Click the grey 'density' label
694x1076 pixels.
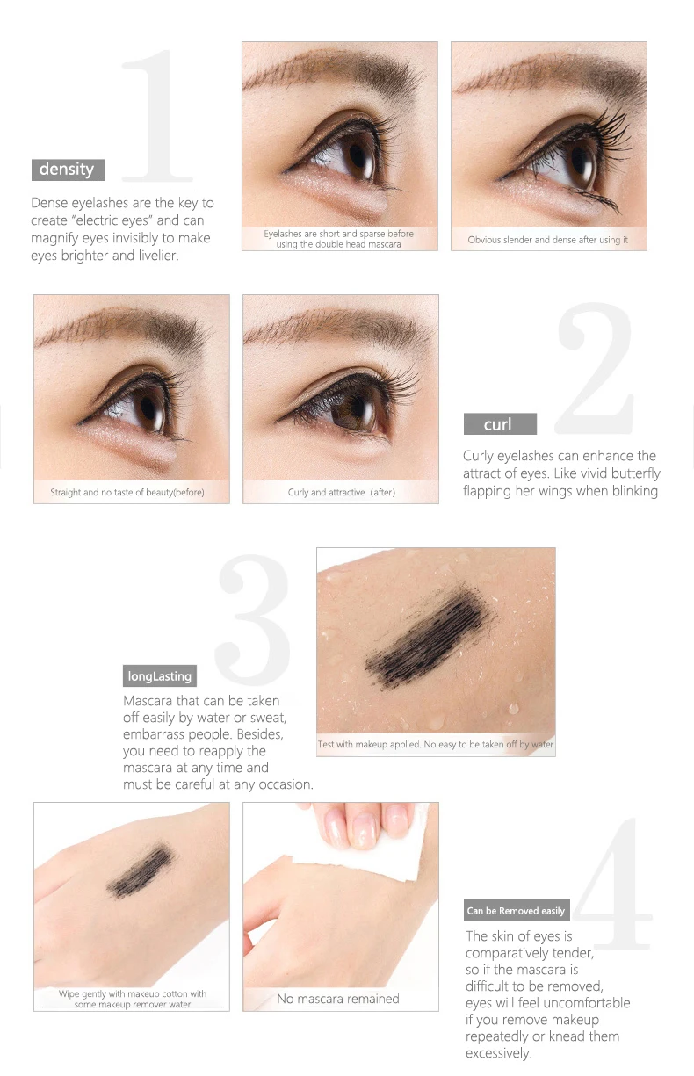click(x=68, y=170)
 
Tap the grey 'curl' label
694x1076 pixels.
click(x=500, y=423)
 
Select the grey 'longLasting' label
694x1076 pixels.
click(x=160, y=675)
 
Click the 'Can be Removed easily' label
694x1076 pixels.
click(x=517, y=910)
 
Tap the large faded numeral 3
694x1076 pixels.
click(x=253, y=619)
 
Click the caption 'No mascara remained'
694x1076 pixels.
click(x=338, y=999)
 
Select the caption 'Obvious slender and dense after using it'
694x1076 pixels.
click(x=548, y=240)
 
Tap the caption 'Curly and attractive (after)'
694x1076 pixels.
click(x=342, y=493)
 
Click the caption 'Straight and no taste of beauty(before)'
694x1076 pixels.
click(x=127, y=493)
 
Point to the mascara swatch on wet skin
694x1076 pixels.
click(x=428, y=634)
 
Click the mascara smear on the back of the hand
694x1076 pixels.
click(x=141, y=870)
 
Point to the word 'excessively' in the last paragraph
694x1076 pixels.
click(x=498, y=1053)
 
